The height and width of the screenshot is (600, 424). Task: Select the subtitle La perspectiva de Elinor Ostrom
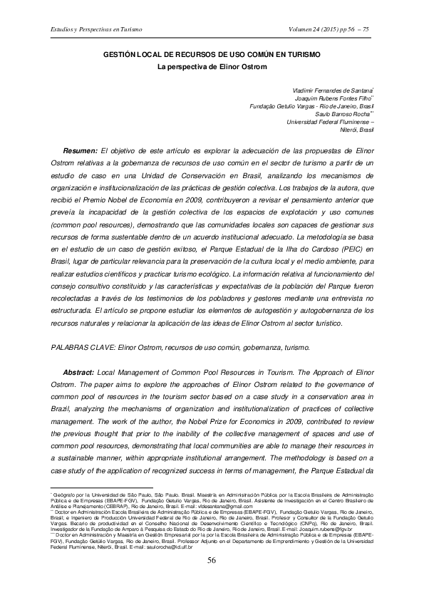tap(212, 67)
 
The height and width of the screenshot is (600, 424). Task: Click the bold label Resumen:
tap(81, 151)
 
